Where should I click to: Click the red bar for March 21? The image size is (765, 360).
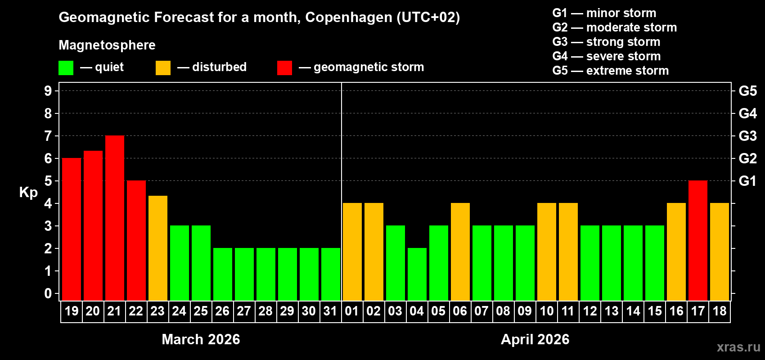tap(115, 218)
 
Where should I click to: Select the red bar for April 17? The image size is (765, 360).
tap(698, 241)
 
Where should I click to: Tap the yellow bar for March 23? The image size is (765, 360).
tap(158, 248)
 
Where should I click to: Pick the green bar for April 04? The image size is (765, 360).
tap(417, 274)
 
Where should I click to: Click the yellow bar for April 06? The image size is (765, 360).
tap(460, 252)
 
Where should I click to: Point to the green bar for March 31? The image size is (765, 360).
tap(331, 274)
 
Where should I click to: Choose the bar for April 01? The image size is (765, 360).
tap(352, 252)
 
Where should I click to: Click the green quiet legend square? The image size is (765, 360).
tap(66, 68)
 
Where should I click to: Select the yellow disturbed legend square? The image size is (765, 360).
tap(163, 68)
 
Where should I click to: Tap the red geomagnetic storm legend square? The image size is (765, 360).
tap(284, 68)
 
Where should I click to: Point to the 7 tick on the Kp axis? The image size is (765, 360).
tap(48, 136)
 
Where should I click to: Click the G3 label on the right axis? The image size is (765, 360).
tap(747, 136)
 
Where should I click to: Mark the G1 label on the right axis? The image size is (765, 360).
tap(747, 181)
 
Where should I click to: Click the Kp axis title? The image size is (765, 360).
tap(28, 192)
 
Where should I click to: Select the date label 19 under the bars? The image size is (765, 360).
tap(72, 311)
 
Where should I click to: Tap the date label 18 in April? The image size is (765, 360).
tap(720, 311)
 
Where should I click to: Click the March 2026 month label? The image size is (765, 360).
tap(201, 339)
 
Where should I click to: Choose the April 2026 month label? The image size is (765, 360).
tap(535, 339)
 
